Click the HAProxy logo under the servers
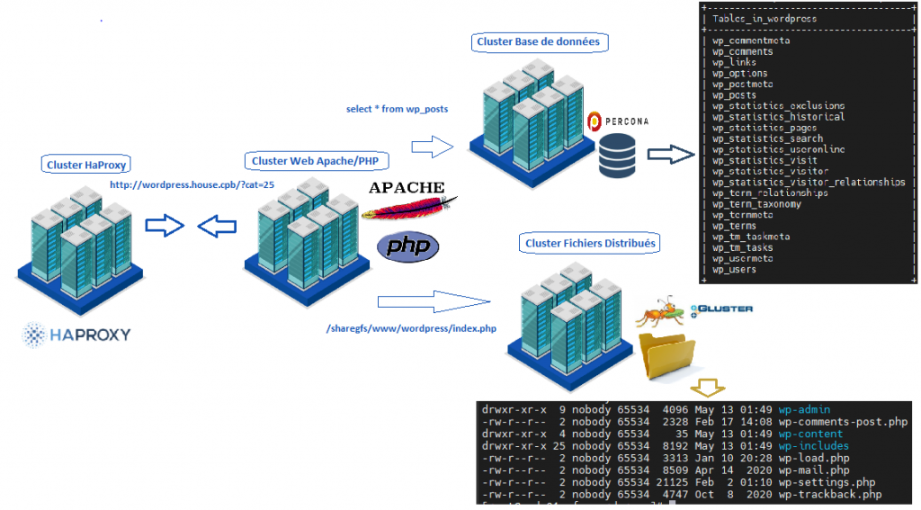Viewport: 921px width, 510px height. point(76,335)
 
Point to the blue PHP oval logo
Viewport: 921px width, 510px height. point(407,247)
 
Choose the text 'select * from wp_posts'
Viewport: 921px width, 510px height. point(397,109)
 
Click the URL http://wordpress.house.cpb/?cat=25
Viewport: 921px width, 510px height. point(192,184)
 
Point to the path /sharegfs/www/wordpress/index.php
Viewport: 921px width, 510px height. point(412,328)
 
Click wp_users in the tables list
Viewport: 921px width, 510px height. point(734,269)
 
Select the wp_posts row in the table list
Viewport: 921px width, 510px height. point(734,95)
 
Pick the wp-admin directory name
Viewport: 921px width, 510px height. point(804,410)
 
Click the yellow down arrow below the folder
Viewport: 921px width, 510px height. point(708,388)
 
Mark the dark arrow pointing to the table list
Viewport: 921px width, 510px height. point(671,154)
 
